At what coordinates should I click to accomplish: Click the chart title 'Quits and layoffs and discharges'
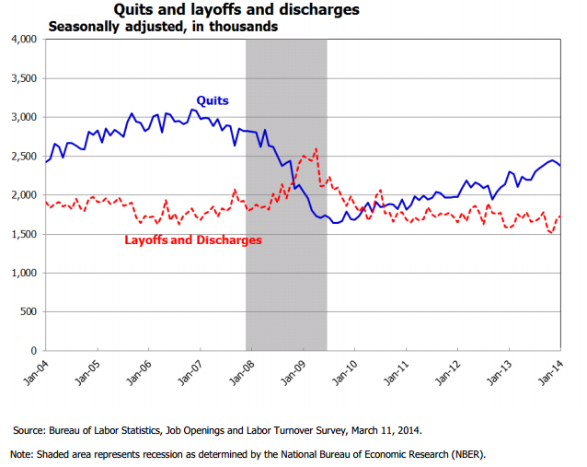pyautogui.click(x=236, y=10)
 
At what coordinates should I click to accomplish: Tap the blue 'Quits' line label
pyautogui.click(x=212, y=100)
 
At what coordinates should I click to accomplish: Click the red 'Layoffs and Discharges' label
pyautogui.click(x=192, y=239)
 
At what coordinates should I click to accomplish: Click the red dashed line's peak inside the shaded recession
pyautogui.click(x=317, y=148)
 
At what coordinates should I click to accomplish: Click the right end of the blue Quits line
pyautogui.click(x=560, y=166)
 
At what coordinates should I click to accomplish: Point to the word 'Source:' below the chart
pyautogui.click(x=30, y=430)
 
